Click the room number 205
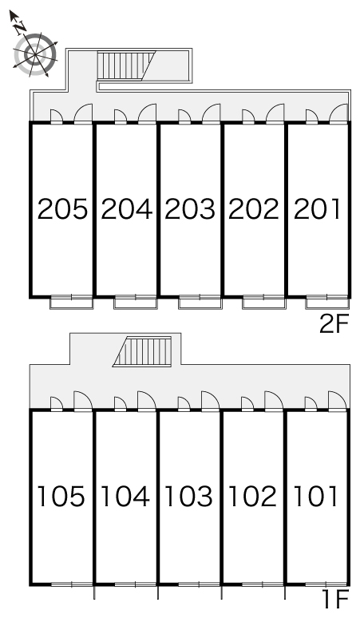[x=62, y=209]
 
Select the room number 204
[x=126, y=209]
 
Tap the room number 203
[x=190, y=209]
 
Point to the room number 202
[x=254, y=209]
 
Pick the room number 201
[x=317, y=209]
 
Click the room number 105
[x=61, y=496]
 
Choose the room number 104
[x=125, y=496]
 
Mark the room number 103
[x=189, y=496]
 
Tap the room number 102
[x=253, y=496]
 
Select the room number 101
[x=316, y=496]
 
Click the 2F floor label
[x=334, y=325]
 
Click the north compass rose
[x=34, y=54]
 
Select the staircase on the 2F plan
[x=126, y=65]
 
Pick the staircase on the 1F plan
[x=142, y=351]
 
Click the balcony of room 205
[x=71, y=303]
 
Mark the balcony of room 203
[x=200, y=303]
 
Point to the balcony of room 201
[x=328, y=303]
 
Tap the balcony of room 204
[x=136, y=303]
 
